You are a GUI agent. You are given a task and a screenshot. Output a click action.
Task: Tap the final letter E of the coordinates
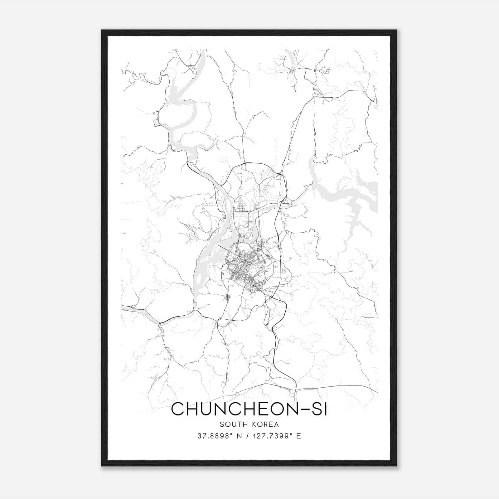[298, 436]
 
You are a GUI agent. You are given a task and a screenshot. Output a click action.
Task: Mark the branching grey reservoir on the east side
[349, 200]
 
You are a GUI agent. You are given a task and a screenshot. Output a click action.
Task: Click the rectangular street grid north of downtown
[242, 218]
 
